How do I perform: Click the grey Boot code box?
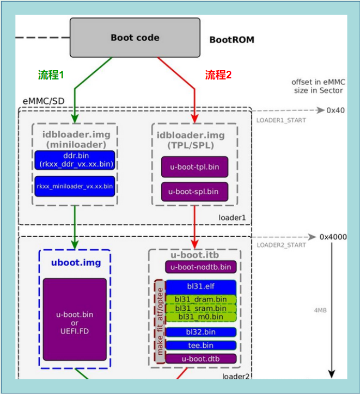(x=135, y=38)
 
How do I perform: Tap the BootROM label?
(x=231, y=40)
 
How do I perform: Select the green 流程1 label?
(x=51, y=76)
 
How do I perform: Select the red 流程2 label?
(x=218, y=76)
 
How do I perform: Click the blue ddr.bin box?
(x=75, y=161)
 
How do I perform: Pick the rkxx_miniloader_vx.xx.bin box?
(x=75, y=186)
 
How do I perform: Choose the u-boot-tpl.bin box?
(x=194, y=167)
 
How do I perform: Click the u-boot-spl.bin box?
(x=194, y=192)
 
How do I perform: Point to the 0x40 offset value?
(x=335, y=110)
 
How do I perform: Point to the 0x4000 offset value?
(x=333, y=237)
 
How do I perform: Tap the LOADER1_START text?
(x=281, y=120)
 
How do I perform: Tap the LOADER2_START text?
(x=282, y=245)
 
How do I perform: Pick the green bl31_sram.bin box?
(x=201, y=308)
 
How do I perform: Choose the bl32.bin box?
(x=201, y=332)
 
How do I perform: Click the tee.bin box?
(x=201, y=345)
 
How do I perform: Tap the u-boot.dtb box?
(x=201, y=359)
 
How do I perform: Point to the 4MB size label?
(x=320, y=310)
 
